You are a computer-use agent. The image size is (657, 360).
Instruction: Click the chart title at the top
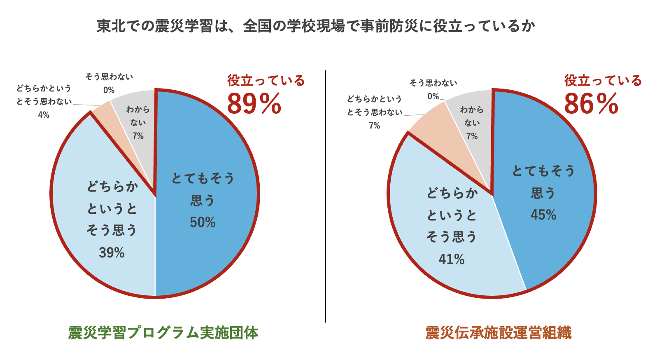tap(316, 26)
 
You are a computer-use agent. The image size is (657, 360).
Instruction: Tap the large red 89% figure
tap(254, 104)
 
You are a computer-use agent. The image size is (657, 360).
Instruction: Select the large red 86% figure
tap(591, 104)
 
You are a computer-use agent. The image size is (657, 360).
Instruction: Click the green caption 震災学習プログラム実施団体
tap(163, 333)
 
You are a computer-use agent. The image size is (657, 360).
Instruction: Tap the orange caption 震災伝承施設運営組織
tap(499, 333)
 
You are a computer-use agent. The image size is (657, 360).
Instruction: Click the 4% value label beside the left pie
tap(44, 115)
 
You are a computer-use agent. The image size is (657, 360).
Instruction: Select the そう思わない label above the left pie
tap(109, 77)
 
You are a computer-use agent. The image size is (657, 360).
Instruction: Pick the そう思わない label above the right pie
tap(433, 83)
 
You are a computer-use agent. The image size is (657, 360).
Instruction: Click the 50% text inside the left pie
tap(203, 222)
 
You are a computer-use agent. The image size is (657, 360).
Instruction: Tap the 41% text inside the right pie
tap(452, 259)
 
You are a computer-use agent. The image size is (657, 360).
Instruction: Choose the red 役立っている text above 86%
tap(603, 80)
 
